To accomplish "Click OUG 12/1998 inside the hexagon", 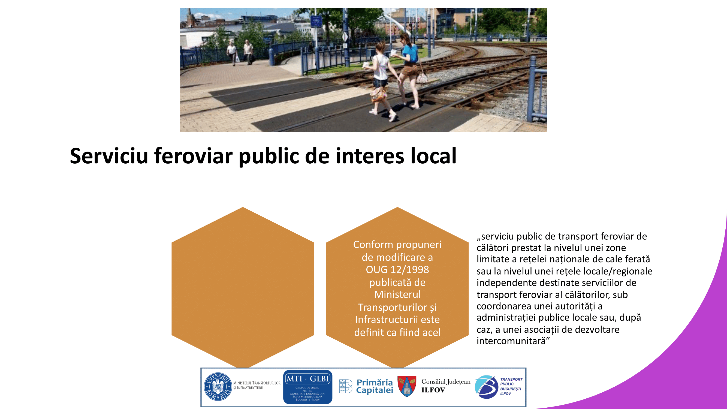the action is [x=397, y=270].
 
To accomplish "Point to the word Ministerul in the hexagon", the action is [x=397, y=294].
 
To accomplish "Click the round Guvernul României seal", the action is [x=218, y=386].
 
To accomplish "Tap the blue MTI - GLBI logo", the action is [x=308, y=387].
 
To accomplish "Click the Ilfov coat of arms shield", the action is [x=407, y=386].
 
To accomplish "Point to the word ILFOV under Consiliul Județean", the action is [x=433, y=390].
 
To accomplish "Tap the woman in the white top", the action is [x=381, y=80].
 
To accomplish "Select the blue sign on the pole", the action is [x=316, y=21].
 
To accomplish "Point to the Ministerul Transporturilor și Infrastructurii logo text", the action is [x=257, y=385].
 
